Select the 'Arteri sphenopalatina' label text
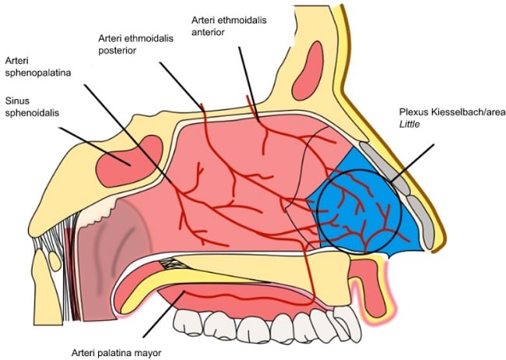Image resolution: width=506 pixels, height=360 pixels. (x=37, y=68)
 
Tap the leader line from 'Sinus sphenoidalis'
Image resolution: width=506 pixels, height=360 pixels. (x=86, y=139)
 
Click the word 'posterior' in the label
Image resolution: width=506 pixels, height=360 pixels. (x=118, y=50)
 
